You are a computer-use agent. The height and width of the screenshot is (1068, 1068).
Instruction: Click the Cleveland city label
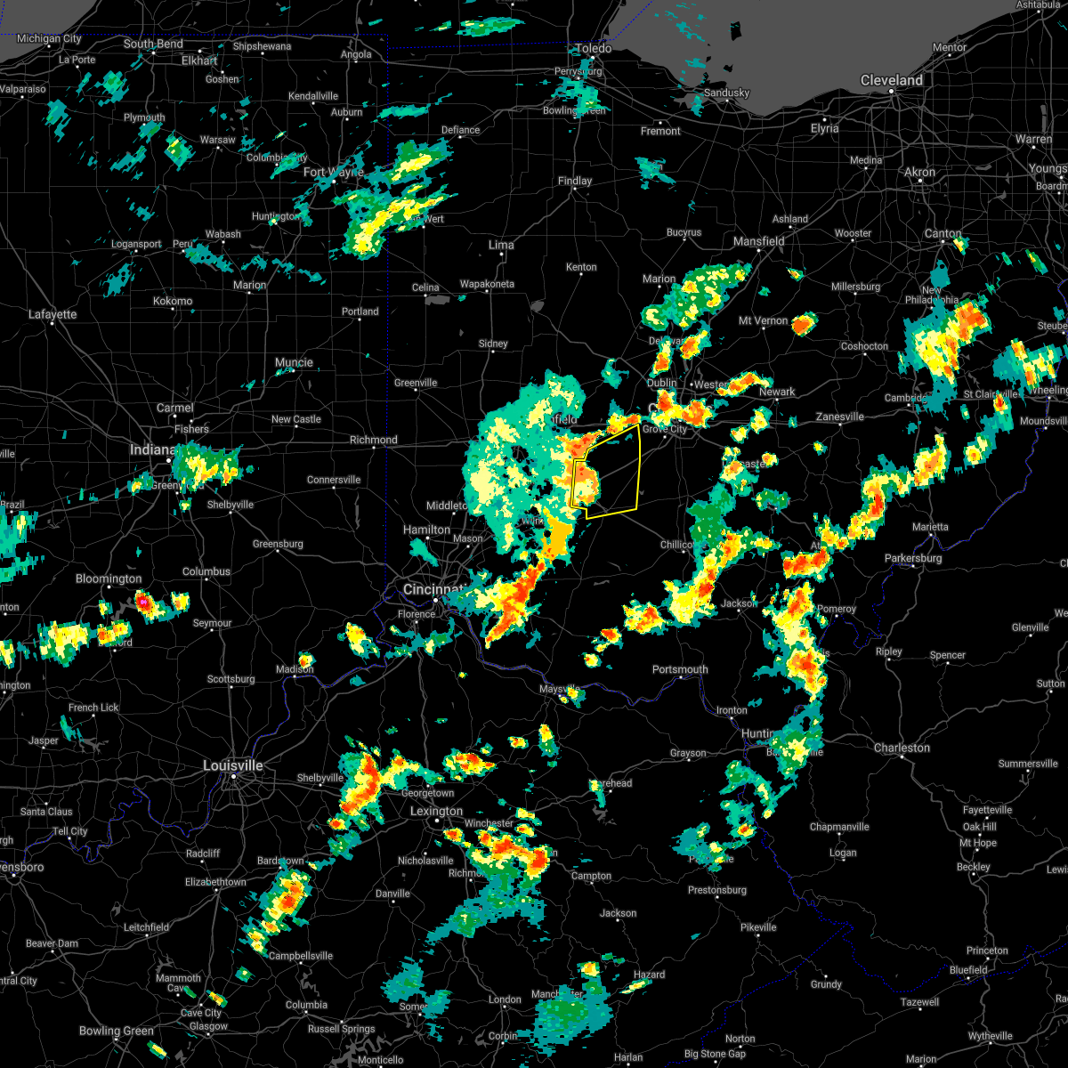tap(891, 80)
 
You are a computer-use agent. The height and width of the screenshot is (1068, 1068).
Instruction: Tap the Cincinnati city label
tap(433, 590)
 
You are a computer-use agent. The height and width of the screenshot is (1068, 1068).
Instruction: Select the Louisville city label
tap(233, 765)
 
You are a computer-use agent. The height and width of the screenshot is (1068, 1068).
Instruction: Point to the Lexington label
tap(436, 811)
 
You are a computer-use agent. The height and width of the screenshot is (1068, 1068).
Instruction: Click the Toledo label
tap(594, 48)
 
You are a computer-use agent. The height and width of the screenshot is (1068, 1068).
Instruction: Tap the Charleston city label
tap(902, 748)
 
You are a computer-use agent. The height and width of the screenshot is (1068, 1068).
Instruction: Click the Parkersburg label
tap(913, 558)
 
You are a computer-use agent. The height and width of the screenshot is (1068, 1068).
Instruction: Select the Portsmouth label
tap(680, 669)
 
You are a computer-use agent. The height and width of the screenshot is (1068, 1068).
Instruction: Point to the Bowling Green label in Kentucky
tap(117, 1031)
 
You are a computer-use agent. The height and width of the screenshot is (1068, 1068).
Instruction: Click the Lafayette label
tap(53, 314)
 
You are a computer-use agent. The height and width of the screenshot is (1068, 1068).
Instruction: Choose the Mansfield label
tap(758, 241)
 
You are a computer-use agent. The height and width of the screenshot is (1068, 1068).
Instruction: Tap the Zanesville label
tap(839, 417)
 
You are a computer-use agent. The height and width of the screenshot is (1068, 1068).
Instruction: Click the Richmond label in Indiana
tap(373, 440)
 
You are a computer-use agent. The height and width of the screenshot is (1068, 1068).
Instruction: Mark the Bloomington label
tap(109, 578)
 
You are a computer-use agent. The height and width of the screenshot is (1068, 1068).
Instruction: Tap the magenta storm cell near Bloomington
tap(142, 603)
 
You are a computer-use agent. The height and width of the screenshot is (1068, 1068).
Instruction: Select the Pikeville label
tap(758, 926)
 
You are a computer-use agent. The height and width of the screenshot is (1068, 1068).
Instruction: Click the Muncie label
tap(294, 362)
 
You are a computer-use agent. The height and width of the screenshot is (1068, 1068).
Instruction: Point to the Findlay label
tap(575, 181)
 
